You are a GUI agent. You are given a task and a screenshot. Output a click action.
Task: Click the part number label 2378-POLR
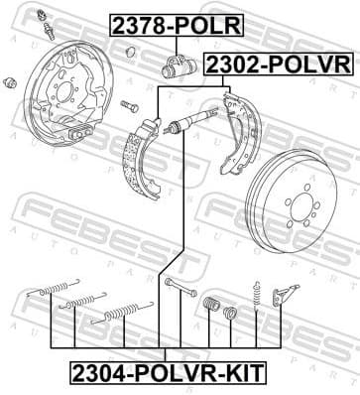click(x=176, y=23)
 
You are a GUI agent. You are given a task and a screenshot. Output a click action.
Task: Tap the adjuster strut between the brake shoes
click(x=188, y=127)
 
